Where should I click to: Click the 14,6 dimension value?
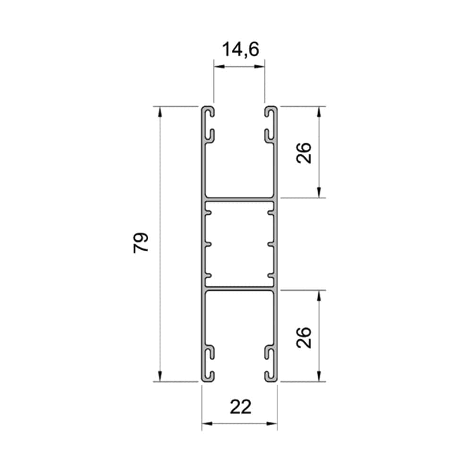pyautogui.click(x=241, y=50)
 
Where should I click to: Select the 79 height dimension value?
pyautogui.click(x=141, y=243)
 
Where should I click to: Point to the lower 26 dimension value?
pyautogui.click(x=303, y=337)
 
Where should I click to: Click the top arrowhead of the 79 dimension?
pyautogui.click(x=160, y=112)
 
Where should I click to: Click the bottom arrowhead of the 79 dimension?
pyautogui.click(x=160, y=376)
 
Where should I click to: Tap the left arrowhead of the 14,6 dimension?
pyautogui.click(x=219, y=66)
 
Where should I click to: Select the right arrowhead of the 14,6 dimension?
pyautogui.click(x=259, y=66)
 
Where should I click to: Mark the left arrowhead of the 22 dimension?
pyautogui.click(x=207, y=423)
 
